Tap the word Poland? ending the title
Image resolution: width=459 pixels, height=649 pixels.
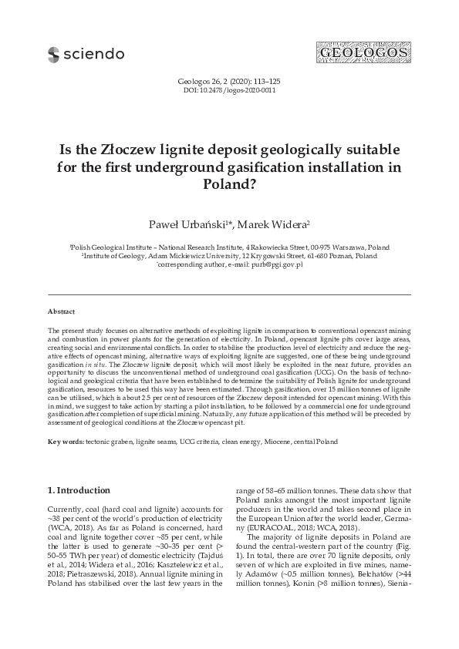[x=229, y=184]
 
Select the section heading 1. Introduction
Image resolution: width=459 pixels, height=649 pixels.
[x=79, y=490]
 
